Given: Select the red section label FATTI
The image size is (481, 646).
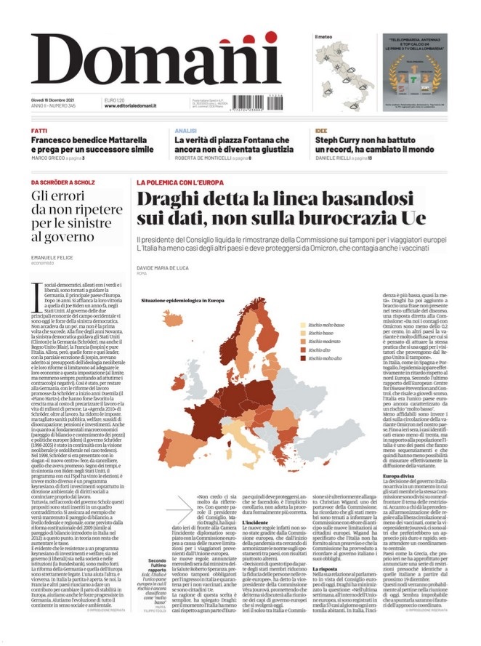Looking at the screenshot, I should (39, 131).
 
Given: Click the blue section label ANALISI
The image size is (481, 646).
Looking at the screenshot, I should (186, 131).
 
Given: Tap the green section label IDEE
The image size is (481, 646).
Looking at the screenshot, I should (321, 131).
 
